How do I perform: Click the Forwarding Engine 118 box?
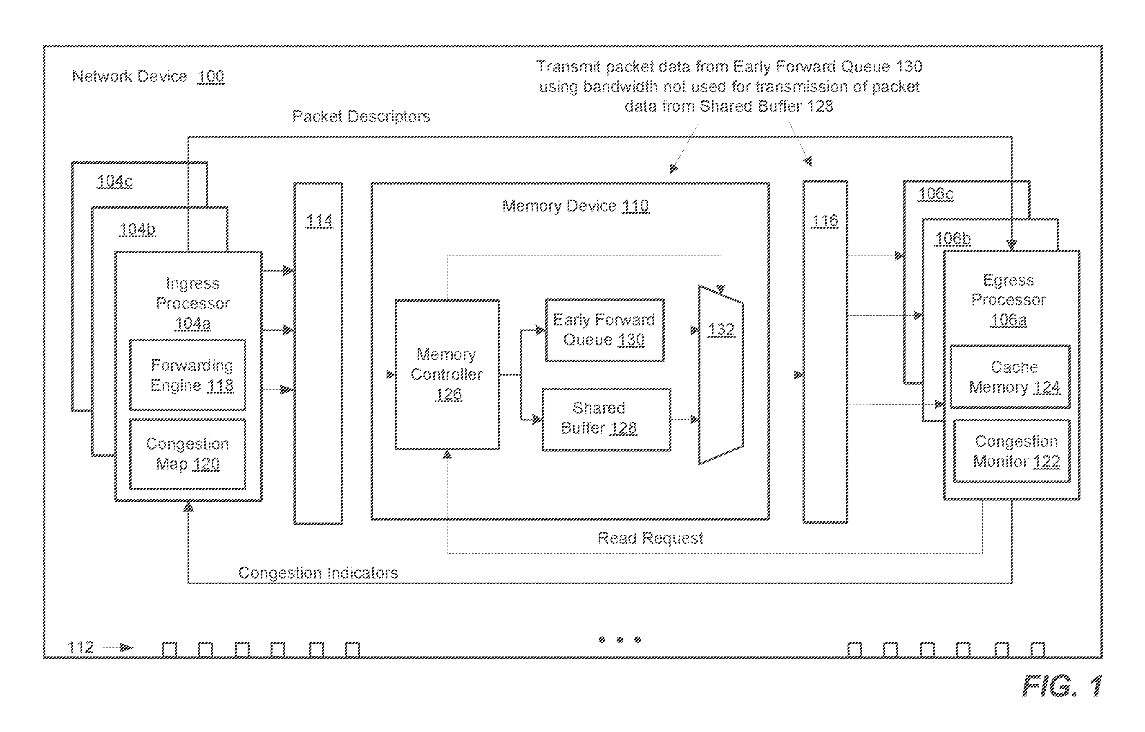[188, 375]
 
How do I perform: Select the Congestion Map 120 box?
[188, 454]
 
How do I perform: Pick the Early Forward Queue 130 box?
[605, 330]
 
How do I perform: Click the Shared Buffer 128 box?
[606, 420]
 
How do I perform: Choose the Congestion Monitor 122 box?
[1012, 451]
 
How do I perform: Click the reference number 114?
[319, 221]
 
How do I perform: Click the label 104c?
[115, 181]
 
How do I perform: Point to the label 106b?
[953, 238]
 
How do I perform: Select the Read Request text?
[650, 538]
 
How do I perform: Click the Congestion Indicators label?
[318, 573]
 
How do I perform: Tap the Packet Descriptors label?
[361, 116]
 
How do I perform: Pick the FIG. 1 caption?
[1062, 686]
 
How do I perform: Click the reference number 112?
[81, 647]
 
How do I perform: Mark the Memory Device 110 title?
[576, 206]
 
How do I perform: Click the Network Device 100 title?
[148, 76]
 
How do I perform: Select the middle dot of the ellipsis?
[620, 640]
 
